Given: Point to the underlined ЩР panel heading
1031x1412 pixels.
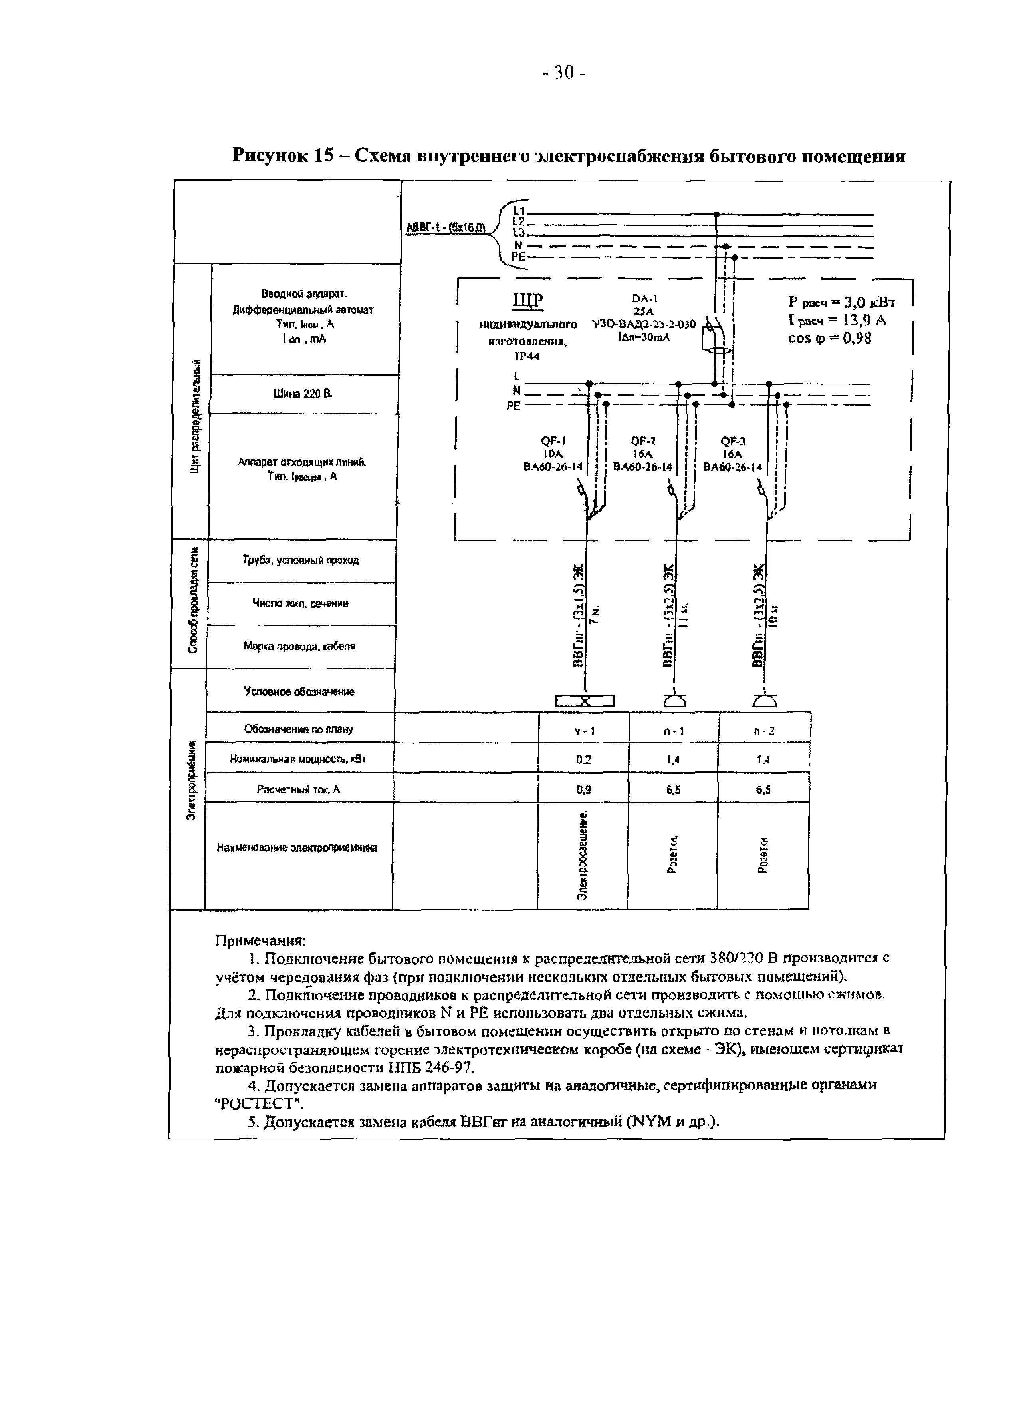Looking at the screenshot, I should pos(528,302).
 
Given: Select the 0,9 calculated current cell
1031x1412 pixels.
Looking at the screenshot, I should pos(583,789).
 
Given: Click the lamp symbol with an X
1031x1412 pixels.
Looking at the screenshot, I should pos(585,701).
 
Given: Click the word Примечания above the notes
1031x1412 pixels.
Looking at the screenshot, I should pos(260,940).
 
